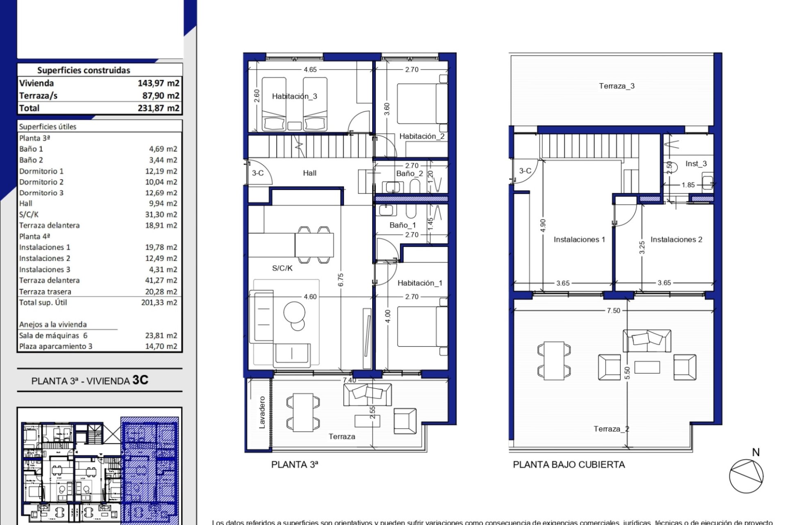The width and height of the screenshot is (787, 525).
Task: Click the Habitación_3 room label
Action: point(294,96)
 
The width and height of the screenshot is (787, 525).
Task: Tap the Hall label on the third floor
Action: point(309,173)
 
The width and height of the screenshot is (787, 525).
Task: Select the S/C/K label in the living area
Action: point(282,268)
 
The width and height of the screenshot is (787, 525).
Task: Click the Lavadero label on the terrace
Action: point(262,412)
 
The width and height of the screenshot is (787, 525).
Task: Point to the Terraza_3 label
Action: point(616,86)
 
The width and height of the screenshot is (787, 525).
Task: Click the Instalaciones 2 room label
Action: point(676,240)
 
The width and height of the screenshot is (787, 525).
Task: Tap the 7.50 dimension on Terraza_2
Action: point(613,310)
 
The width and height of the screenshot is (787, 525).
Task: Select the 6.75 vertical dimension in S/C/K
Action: point(341,280)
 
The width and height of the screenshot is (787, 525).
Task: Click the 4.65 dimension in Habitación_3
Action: point(310,70)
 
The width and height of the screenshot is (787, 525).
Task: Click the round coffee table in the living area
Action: point(294,313)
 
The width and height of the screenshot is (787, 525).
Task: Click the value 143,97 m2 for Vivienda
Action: point(158,83)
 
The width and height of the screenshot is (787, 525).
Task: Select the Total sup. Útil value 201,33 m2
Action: point(159,303)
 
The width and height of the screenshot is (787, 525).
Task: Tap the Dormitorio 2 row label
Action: point(41,182)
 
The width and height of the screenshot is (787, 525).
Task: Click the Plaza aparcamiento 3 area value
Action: point(161,346)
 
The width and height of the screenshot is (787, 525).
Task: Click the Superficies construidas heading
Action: point(84,71)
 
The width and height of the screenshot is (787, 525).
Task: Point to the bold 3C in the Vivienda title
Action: point(140,380)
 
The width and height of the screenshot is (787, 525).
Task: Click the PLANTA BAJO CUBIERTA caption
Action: point(569,465)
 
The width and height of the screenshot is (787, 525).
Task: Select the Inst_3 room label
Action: point(696,164)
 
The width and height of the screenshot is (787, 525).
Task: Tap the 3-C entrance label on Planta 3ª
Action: point(257,173)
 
